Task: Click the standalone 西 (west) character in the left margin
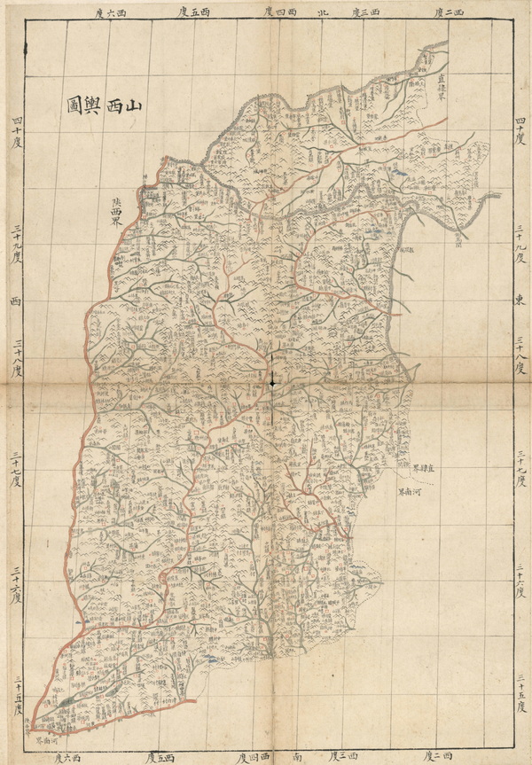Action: pos(14,301)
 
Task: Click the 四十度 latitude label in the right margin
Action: pos(520,130)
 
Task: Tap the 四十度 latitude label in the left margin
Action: pos(15,130)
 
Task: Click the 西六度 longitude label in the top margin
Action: pos(109,12)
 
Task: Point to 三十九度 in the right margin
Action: pos(520,243)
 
